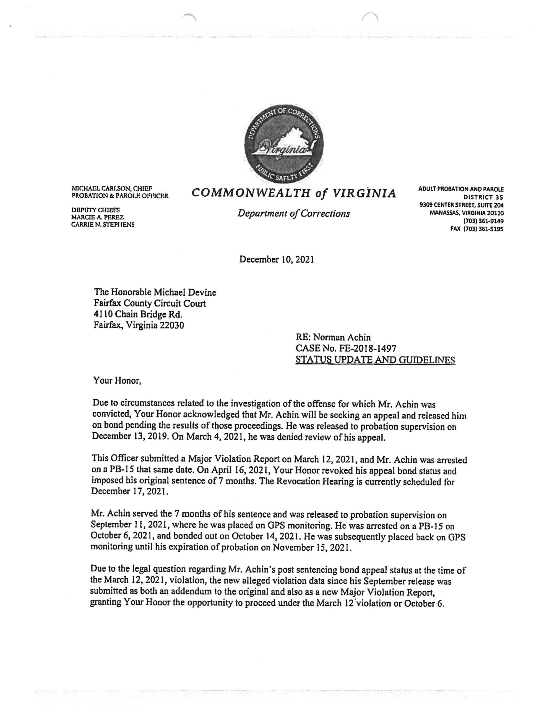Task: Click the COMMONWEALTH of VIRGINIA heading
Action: (x=294, y=193)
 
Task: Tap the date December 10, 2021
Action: (x=276, y=260)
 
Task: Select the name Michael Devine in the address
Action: (x=184, y=292)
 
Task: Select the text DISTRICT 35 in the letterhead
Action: (x=483, y=197)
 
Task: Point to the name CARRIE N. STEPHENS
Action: (x=103, y=224)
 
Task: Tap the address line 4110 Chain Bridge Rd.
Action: (x=138, y=314)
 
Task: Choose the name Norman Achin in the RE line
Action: (x=344, y=337)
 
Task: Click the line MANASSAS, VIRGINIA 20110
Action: (x=467, y=213)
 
